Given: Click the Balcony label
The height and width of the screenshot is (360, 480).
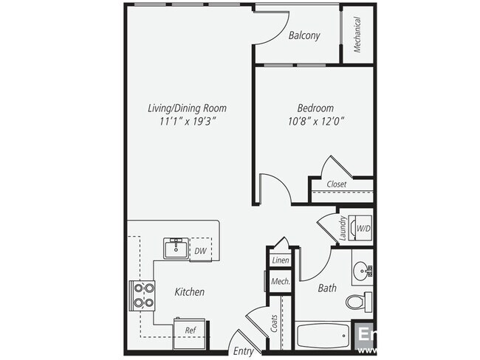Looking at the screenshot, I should click(304, 35).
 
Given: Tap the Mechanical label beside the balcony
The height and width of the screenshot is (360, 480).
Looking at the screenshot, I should click(357, 35).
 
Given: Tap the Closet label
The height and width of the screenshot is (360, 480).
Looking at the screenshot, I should click(337, 184).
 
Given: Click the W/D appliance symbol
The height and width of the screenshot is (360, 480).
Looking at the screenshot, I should click(363, 228).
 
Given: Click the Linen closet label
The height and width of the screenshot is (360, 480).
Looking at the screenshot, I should click(280, 260).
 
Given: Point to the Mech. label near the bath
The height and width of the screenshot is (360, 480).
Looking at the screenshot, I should click(280, 281).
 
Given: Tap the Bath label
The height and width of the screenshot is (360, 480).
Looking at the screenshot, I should click(327, 288).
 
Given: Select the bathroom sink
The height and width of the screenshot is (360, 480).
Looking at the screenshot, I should click(363, 271).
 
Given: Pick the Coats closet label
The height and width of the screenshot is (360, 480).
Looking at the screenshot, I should click(274, 322).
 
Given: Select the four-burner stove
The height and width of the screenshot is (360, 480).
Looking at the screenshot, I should click(143, 295).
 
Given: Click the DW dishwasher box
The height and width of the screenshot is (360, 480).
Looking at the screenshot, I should click(199, 251).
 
